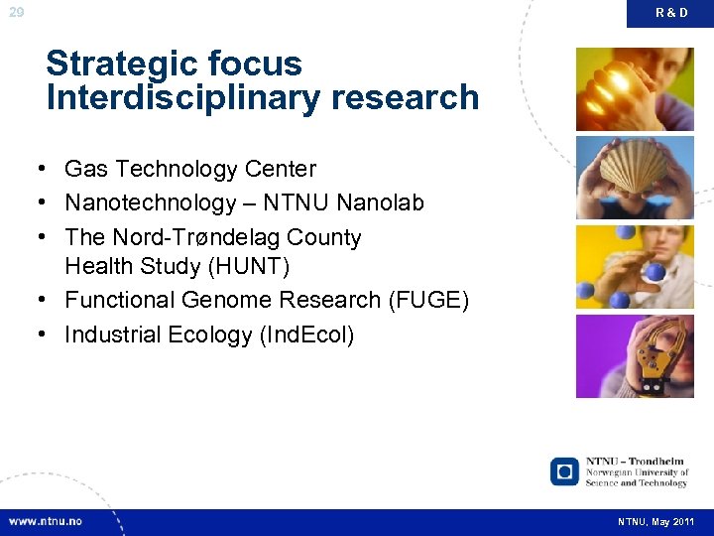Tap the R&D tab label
coord(670,13)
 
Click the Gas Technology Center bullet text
coord(190,170)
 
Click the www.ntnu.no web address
coord(46,521)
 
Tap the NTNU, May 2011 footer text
coord(655,522)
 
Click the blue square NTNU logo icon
coord(564,471)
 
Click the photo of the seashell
coord(635,178)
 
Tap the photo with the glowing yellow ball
coord(635,88)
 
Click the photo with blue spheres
coord(635,267)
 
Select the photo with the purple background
coord(635,356)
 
